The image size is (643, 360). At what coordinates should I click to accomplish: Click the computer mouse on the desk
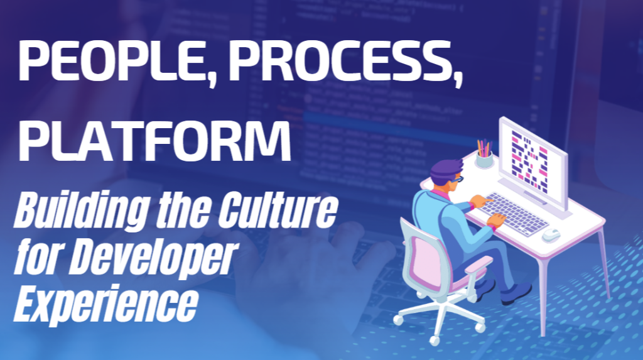551,235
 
